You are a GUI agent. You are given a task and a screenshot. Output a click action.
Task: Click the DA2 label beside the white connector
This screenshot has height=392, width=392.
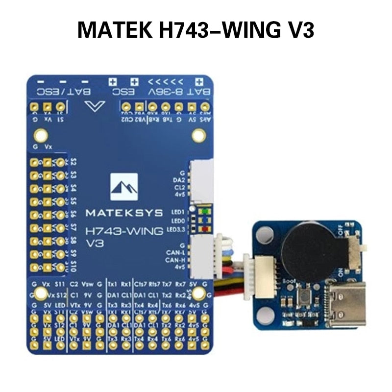coord(178,180)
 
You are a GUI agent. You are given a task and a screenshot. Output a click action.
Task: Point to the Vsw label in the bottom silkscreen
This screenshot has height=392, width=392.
coord(87,284)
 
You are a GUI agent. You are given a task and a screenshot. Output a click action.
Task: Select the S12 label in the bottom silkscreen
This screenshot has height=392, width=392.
coord(60,295)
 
